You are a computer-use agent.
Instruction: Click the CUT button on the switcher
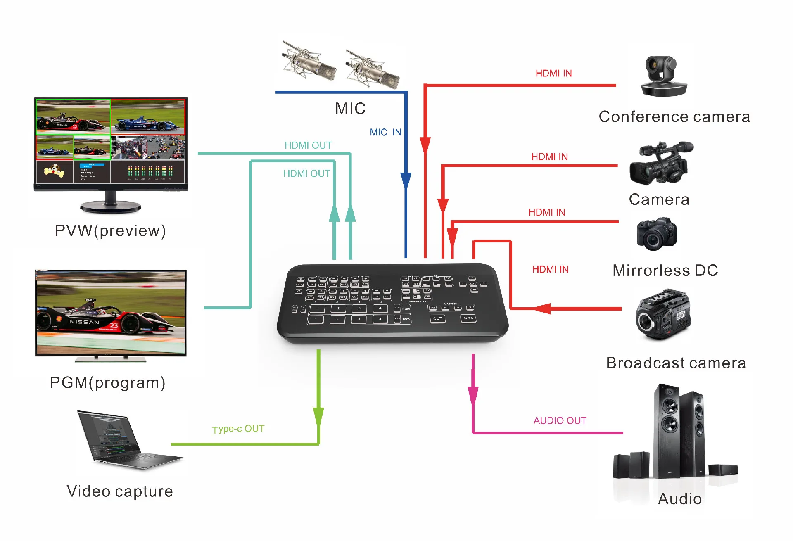pyautogui.click(x=437, y=318)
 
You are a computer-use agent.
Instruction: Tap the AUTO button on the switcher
pyautogui.click(x=468, y=318)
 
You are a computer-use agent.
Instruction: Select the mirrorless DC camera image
pyautogui.click(x=657, y=234)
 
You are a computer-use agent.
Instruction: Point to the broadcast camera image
pyautogui.click(x=663, y=315)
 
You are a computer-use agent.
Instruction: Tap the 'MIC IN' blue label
pyautogui.click(x=385, y=132)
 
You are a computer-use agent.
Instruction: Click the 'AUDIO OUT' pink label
pyautogui.click(x=560, y=420)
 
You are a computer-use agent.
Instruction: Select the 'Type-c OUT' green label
pyautogui.click(x=238, y=429)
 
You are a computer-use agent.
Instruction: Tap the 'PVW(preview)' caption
pyautogui.click(x=110, y=230)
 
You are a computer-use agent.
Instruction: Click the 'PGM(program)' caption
pyautogui.click(x=108, y=382)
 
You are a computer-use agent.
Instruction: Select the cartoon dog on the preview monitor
pyautogui.click(x=54, y=170)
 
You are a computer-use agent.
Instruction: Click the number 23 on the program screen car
pyautogui.click(x=114, y=326)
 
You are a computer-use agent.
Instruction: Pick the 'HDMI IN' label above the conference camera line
pyautogui.click(x=553, y=73)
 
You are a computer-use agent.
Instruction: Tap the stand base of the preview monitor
pyautogui.click(x=110, y=206)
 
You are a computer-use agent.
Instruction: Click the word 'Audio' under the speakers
pyautogui.click(x=680, y=498)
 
